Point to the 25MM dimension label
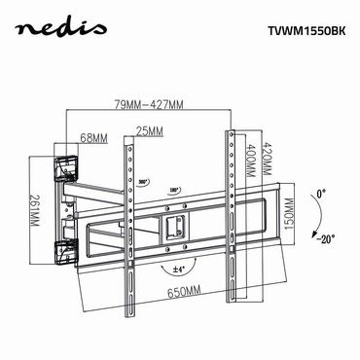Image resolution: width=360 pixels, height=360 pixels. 148,131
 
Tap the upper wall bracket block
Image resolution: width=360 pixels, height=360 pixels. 65,170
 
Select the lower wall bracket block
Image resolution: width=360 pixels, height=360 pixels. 65,251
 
